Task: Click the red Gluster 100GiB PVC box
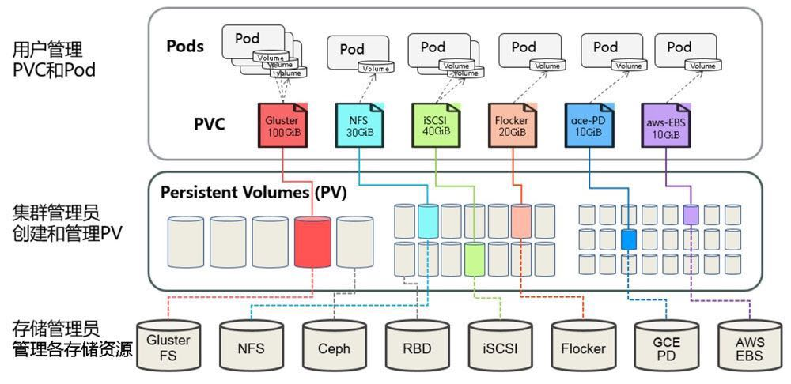pos(282,125)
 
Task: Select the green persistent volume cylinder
pos(475,259)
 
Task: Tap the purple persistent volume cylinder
pos(691,214)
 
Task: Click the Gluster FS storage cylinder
pos(168,345)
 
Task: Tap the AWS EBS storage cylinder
pos(749,345)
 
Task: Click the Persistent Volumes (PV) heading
pos(253,193)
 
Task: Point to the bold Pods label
pos(185,46)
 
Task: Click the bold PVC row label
pos(210,124)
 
